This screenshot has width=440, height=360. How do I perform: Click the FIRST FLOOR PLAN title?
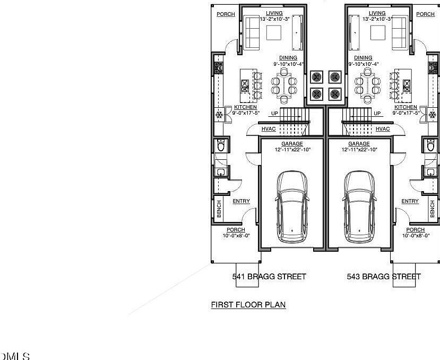[248, 305]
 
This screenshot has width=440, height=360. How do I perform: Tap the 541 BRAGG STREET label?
[269, 277]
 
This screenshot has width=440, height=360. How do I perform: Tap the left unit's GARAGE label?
[292, 144]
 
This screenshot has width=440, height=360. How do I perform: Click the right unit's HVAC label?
[383, 129]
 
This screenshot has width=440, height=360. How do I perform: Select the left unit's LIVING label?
[273, 13]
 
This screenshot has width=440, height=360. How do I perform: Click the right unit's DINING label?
[363, 58]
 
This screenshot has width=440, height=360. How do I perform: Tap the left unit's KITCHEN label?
[245, 107]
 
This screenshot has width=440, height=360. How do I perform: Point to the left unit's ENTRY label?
[241, 201]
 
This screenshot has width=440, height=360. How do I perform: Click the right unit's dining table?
[366, 85]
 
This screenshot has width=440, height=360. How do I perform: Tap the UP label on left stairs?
[274, 114]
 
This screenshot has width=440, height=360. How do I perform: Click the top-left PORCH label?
[226, 14]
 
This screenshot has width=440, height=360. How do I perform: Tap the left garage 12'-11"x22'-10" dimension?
[292, 150]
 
